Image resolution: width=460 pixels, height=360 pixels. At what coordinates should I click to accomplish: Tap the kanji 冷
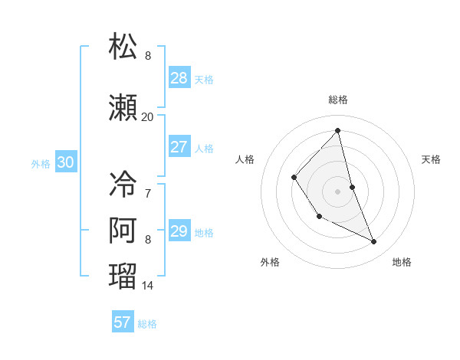(123, 184)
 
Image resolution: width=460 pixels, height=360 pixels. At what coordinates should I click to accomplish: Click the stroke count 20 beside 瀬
(147, 117)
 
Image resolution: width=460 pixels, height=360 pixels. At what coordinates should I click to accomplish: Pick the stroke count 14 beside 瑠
(147, 286)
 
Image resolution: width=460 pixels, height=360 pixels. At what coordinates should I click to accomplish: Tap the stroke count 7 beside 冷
(147, 193)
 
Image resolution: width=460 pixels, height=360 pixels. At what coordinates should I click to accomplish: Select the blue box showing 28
(179, 78)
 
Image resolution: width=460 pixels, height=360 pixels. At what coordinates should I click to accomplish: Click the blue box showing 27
(179, 147)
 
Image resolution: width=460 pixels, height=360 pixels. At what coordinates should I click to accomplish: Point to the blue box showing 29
(179, 231)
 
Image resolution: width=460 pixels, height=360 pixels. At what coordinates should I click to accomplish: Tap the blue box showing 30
(65, 162)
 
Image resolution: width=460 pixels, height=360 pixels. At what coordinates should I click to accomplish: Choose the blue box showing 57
(123, 322)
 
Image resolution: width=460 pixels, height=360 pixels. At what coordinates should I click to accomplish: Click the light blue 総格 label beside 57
(147, 324)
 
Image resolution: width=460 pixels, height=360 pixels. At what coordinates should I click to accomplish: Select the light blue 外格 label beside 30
(41, 163)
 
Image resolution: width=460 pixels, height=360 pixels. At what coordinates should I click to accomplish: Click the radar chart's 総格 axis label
(338, 100)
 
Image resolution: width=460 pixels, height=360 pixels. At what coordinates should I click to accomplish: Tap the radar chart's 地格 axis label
(402, 262)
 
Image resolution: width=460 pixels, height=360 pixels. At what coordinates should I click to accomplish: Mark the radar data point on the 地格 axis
(374, 242)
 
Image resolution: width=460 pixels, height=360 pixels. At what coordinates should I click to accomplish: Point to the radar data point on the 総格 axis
(338, 130)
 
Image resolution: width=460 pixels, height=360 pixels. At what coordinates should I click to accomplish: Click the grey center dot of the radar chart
(338, 191)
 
